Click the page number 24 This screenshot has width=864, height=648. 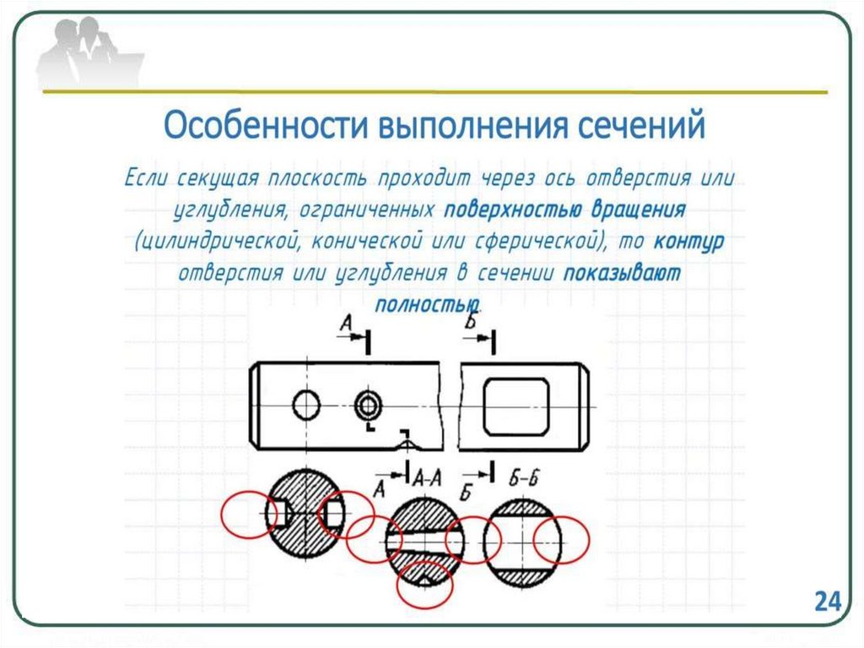(x=828, y=602)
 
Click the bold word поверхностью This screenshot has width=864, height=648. (x=499, y=210)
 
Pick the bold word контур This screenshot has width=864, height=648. (x=688, y=242)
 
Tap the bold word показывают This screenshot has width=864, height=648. (x=623, y=274)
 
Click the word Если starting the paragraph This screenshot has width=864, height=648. (x=148, y=179)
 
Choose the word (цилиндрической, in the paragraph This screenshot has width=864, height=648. (x=218, y=242)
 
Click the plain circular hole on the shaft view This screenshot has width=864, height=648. (x=306, y=406)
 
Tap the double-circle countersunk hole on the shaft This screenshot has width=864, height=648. (x=368, y=406)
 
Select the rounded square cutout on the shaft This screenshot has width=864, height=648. (x=516, y=406)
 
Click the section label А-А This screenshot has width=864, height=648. (x=428, y=478)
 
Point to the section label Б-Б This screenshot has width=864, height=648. (x=524, y=478)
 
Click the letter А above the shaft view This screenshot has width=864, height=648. (x=346, y=324)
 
